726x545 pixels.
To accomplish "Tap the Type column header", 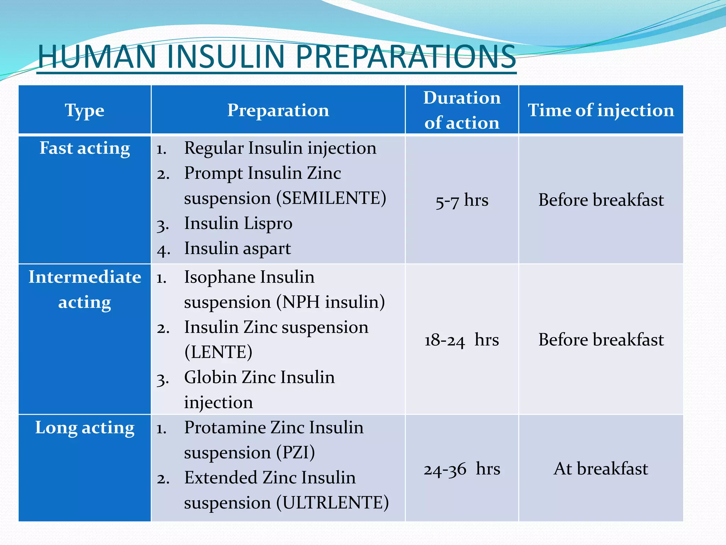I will coord(84,110).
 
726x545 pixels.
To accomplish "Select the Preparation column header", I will coord(278,110).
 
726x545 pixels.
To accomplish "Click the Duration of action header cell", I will coord(462,110).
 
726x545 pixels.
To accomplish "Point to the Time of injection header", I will coord(601,110).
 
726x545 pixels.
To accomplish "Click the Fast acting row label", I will coord(84,148).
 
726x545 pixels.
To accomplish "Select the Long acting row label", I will coord(84,428).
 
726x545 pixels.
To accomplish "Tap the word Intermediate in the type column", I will coord(84,277).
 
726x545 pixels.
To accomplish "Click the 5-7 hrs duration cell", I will coord(462,200).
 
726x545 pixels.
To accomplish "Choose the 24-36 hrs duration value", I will coord(462,469).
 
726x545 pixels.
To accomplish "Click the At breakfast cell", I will coord(601,469).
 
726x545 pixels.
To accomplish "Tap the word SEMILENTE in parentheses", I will coord(331,198).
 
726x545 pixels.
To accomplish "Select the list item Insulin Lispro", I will coord(238,224).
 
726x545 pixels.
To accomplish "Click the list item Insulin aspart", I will coord(238,248).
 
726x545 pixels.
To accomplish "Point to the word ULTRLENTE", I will coord(333,503).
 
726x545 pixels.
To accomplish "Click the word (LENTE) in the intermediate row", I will coord(218,352).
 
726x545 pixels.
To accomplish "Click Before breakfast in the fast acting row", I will coord(601,200).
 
